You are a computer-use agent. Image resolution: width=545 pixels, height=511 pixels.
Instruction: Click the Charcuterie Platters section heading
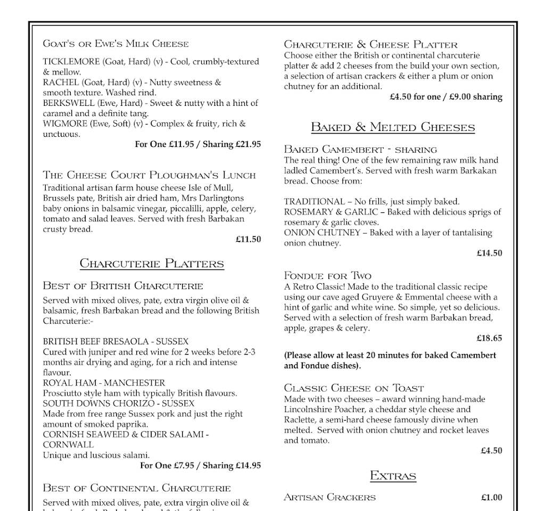(152, 263)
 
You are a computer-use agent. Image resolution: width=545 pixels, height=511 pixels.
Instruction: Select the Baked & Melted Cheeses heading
(393, 127)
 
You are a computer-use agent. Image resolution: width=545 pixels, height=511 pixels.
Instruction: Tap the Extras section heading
(393, 475)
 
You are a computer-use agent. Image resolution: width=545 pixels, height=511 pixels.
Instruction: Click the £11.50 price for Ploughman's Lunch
(248, 240)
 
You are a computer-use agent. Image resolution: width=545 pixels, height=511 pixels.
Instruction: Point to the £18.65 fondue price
(489, 338)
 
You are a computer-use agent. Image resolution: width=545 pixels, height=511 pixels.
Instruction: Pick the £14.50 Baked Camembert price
(489, 253)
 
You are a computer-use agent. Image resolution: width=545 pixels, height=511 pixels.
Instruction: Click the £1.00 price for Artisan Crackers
(491, 498)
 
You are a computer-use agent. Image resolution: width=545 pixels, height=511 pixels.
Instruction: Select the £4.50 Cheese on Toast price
(491, 450)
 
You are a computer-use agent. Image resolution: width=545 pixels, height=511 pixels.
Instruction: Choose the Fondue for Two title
(328, 276)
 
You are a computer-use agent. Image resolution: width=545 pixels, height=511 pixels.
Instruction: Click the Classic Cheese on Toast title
(354, 388)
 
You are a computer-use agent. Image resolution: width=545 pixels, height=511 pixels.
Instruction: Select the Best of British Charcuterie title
(123, 286)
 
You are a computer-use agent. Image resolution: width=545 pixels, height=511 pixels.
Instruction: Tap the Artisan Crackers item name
(330, 498)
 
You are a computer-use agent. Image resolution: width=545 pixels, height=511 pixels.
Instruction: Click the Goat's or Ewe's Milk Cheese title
(115, 44)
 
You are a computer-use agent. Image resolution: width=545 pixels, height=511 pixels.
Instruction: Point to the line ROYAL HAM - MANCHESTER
(104, 383)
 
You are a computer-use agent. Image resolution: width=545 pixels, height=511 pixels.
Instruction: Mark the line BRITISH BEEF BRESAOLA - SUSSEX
(115, 341)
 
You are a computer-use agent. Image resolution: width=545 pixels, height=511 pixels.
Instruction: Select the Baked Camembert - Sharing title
(360, 150)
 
